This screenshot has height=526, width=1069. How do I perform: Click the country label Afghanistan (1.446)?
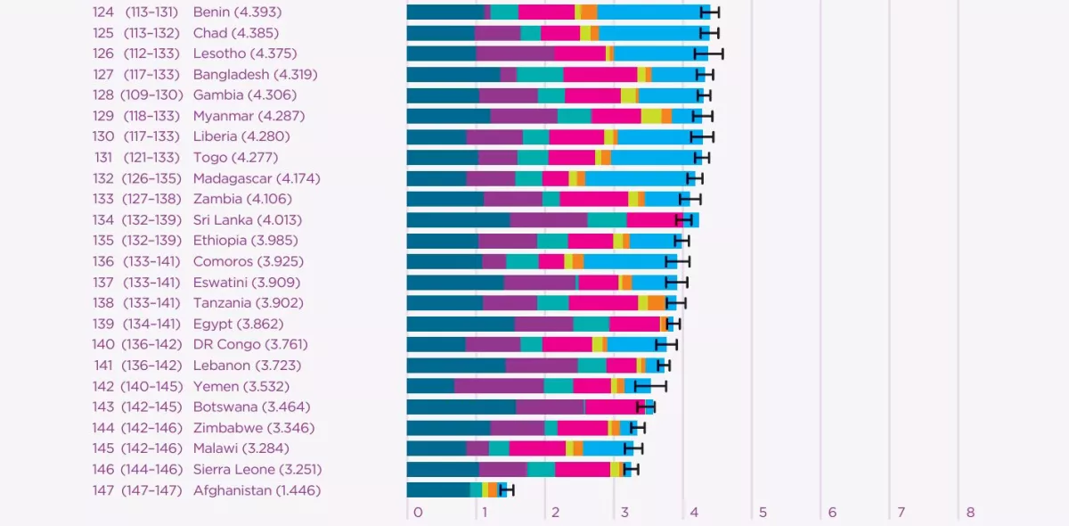coord(257,490)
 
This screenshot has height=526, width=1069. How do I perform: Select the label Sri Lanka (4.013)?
coord(247,219)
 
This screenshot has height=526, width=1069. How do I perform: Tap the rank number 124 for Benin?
coord(103,12)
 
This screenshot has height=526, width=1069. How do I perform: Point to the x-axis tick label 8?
coord(970,513)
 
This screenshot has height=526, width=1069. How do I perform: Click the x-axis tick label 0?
coord(418,513)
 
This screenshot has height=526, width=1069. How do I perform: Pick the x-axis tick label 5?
coord(763,513)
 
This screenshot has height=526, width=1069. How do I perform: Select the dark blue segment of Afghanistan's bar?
coord(438,489)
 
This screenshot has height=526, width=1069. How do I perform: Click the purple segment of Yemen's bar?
coord(499,386)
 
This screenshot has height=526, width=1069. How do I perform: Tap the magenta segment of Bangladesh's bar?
coord(600,74)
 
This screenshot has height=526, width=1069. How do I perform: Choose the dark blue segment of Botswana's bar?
coord(461,407)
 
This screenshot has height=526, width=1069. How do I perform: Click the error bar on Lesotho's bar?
coord(709,53)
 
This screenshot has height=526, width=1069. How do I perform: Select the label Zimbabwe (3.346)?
coord(253,428)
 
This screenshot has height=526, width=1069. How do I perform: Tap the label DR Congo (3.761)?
coord(251,344)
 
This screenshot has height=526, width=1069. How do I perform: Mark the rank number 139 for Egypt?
coord(103,324)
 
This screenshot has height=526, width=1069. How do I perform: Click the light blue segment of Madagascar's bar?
coord(636,178)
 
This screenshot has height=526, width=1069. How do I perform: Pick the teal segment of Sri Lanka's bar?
coord(607,219)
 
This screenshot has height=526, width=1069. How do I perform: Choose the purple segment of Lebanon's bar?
coord(542,365)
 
